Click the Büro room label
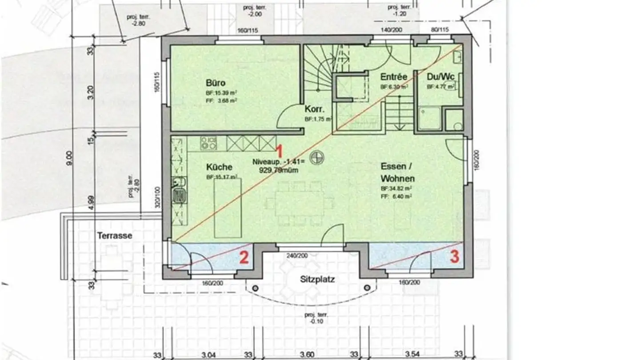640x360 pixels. (216, 83)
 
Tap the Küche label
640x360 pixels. (219, 167)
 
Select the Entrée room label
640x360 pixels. (394, 77)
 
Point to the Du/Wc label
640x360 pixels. (440, 77)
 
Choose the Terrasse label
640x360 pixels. (115, 236)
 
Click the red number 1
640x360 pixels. (279, 150)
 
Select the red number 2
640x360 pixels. (244, 257)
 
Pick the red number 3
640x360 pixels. (454, 257)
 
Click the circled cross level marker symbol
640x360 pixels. (317, 156)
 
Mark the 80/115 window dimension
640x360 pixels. (440, 30)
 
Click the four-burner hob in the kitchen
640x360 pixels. (208, 143)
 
